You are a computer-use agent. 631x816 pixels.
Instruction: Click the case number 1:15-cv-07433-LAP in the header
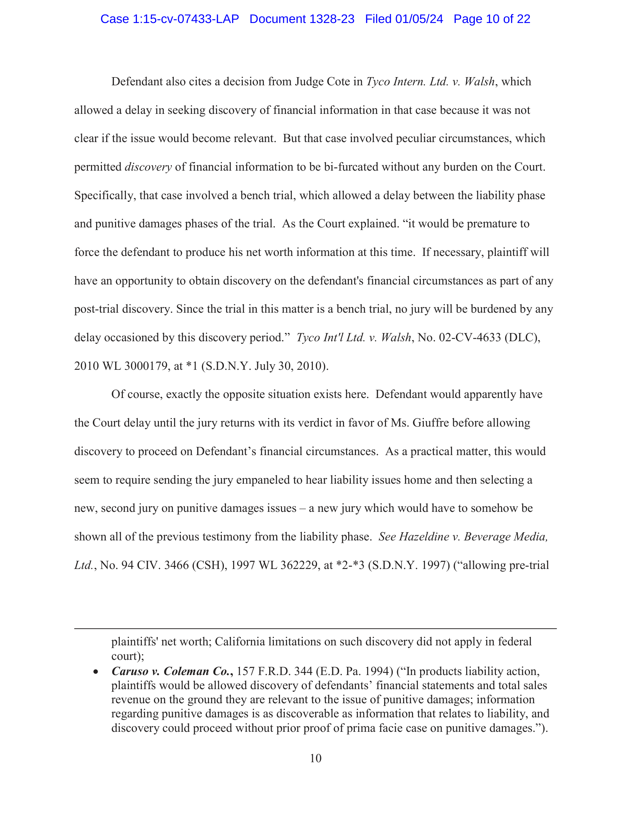coord(169,19)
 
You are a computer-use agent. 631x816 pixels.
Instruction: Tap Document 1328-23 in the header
coord(302,19)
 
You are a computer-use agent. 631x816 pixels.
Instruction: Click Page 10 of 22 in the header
coord(491,19)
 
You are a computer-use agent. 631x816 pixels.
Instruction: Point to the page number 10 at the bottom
coord(315,758)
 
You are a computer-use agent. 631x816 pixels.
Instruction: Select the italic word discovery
coord(148,167)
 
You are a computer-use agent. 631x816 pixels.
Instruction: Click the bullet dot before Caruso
coord(96,672)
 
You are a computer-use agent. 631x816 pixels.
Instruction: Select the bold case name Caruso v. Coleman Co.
coord(172,671)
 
